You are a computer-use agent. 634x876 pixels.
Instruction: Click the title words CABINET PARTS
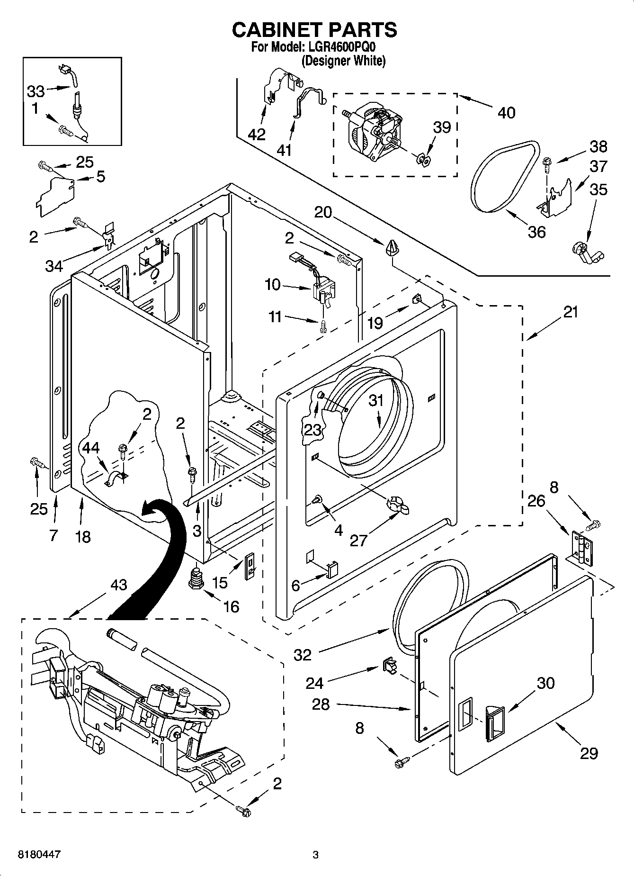(314, 30)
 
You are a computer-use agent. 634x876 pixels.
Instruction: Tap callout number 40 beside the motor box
(506, 113)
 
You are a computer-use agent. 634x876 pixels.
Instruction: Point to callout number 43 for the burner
(118, 585)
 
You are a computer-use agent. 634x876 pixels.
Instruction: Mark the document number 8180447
(39, 854)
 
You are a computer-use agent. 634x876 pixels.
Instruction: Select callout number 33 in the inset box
(36, 91)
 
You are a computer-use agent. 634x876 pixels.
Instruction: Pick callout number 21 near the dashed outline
(571, 312)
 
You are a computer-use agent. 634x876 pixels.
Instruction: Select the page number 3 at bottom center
(315, 855)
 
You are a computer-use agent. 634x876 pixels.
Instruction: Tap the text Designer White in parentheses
(343, 61)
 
